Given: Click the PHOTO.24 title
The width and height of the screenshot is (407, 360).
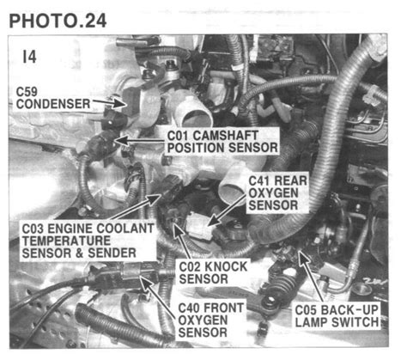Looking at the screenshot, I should coord(58,19).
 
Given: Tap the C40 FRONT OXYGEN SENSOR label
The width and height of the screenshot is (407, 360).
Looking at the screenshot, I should coord(210,318).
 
